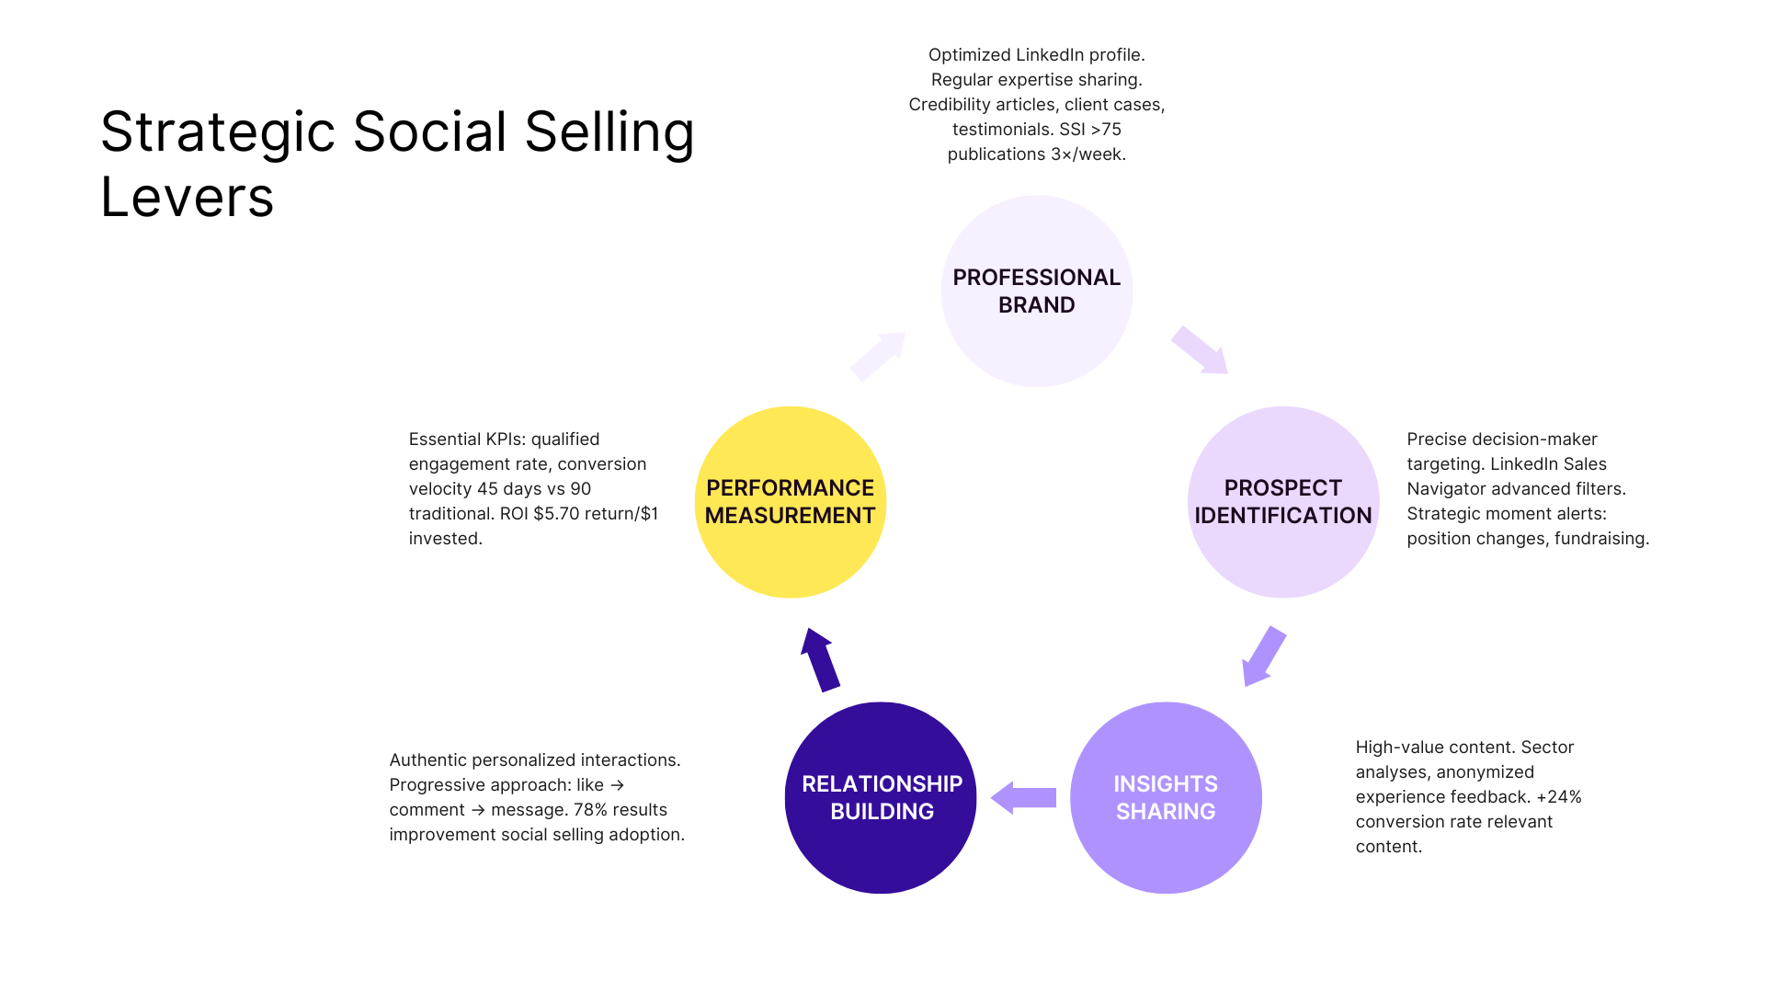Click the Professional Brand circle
coord(1036,291)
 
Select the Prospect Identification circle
coord(1282,502)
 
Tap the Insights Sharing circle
coord(1165,797)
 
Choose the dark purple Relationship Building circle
coord(881,797)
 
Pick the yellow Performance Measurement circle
coord(790,502)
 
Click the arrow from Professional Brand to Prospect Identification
coord(1200,350)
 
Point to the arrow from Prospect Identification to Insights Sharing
coord(1263,656)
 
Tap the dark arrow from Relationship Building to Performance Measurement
coord(820,659)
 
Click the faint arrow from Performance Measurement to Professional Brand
coord(878,356)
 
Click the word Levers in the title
coord(188,197)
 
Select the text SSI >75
coord(1090,130)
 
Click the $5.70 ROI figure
coord(556,514)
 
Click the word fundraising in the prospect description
coord(1601,539)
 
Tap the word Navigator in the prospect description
coord(1448,489)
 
